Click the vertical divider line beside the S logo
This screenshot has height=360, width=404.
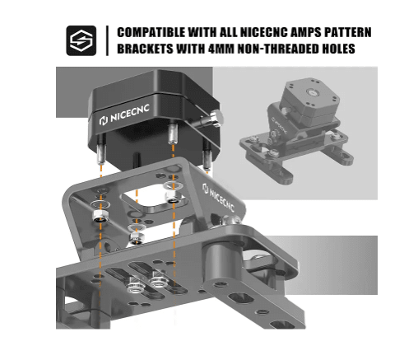click(108, 40)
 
